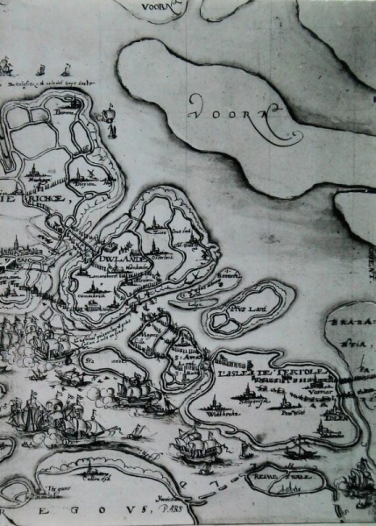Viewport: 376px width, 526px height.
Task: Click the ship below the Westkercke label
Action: click(189, 444)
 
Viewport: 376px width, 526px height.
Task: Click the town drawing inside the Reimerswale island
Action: click(290, 486)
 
